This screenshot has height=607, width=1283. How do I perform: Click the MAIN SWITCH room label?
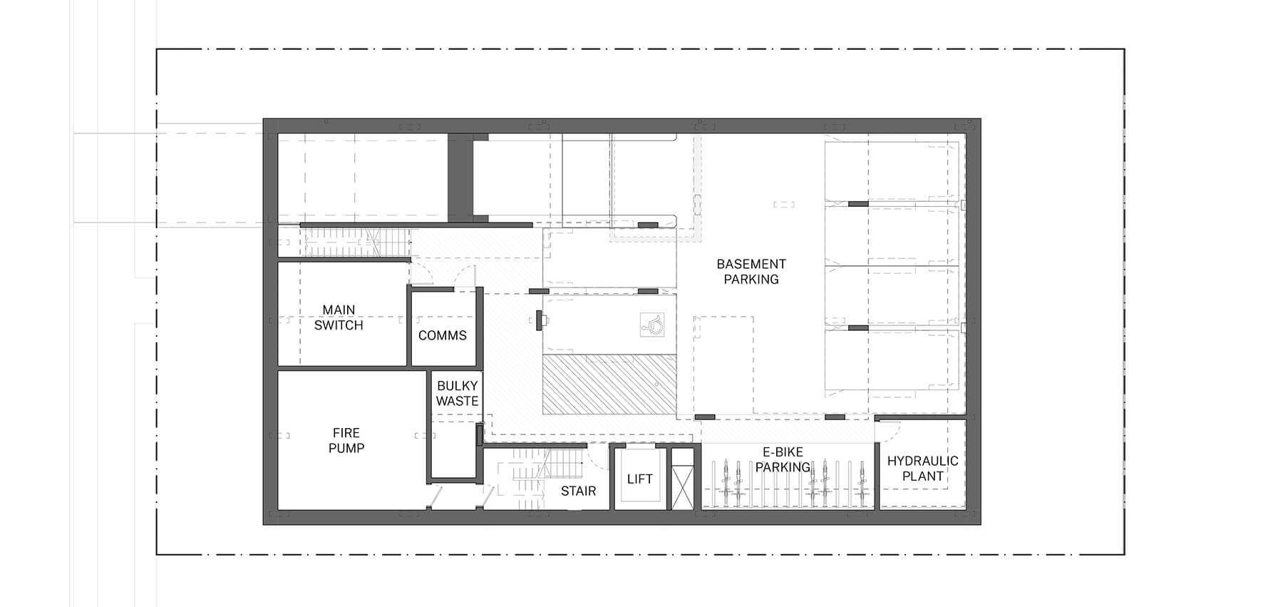339,317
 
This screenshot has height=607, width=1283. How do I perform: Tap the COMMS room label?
442,335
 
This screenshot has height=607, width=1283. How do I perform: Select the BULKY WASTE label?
457,394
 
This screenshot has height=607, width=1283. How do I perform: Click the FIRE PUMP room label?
346,440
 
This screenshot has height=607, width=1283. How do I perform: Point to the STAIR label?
578,491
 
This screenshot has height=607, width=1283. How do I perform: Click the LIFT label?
639,479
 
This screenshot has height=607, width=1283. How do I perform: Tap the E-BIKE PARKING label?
783,459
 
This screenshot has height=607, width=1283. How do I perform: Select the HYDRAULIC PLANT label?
922,468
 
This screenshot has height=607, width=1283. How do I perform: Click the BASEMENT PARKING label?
751,272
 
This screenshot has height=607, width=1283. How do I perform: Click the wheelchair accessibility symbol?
652,325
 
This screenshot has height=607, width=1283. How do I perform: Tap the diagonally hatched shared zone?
609,385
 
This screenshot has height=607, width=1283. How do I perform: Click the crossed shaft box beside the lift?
682,486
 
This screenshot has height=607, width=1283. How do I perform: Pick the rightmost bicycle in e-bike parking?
862,479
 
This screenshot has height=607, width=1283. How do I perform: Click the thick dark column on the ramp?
460,178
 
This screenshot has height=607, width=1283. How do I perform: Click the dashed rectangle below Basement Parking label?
723,364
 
